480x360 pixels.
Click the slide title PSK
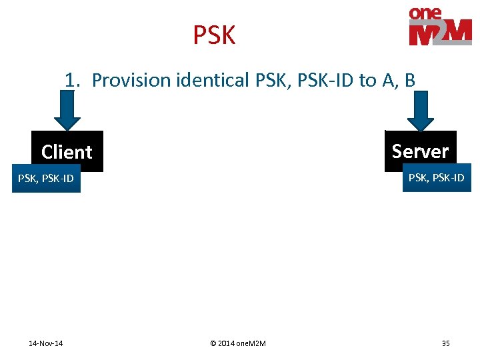point(214,35)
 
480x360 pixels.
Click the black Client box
point(67,151)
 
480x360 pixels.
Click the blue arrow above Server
point(420,112)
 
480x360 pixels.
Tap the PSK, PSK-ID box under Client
point(46,179)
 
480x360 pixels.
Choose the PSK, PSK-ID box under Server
point(436,177)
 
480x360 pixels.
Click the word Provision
point(131,81)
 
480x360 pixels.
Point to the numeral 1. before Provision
point(73,81)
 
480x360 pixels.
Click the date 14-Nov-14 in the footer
point(46,343)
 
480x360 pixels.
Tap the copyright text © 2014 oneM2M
point(237,343)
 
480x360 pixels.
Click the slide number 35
point(445,343)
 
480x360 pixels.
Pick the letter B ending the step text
point(409,81)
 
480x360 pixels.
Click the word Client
point(67,152)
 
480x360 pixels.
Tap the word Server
point(421,151)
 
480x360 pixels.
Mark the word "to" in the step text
point(367,81)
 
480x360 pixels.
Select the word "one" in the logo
point(425,13)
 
